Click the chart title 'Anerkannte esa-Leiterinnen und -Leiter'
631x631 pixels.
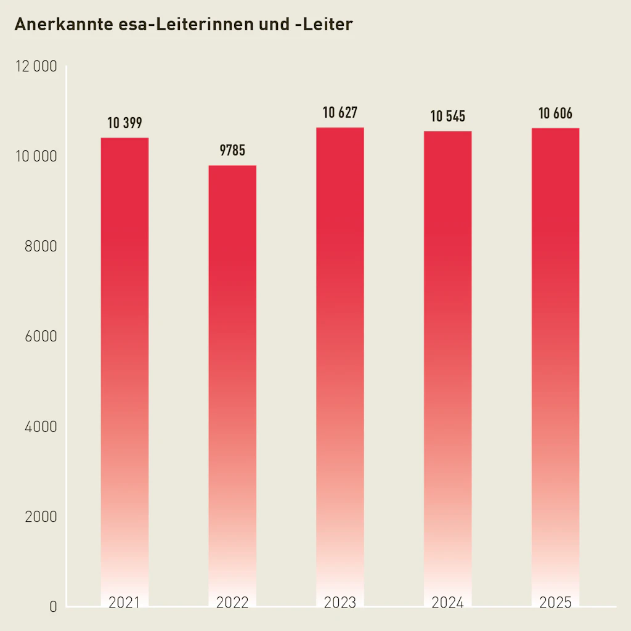coord(183,25)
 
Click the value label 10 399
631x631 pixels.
coord(124,123)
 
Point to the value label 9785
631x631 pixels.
coord(232,150)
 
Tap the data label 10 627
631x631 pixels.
coord(340,113)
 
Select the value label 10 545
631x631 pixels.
coord(448,116)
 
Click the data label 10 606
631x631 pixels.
coord(555,113)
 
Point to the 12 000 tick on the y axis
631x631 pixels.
coord(36,67)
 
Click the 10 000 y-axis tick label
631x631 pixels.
coord(36,157)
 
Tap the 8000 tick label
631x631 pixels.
coord(41,246)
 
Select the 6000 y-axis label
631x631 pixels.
coord(41,336)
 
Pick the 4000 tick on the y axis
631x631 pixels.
coord(41,426)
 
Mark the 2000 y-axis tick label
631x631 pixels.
coord(41,516)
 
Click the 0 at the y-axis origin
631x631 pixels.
coord(53,607)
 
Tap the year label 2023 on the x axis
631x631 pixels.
coord(340,603)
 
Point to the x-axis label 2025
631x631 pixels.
coord(555,603)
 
